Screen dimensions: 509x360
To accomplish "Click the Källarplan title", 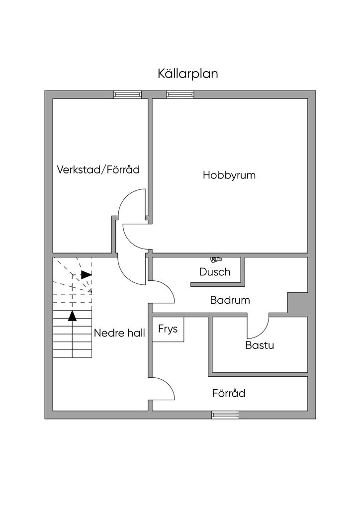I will [188, 74].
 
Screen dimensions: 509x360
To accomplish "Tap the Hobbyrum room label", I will [229, 175].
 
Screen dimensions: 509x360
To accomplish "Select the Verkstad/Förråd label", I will [98, 170].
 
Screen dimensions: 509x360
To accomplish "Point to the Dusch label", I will [215, 272].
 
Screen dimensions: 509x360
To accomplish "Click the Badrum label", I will [230, 300].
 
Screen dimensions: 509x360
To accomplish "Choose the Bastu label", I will [260, 345].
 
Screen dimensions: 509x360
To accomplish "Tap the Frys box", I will [168, 329].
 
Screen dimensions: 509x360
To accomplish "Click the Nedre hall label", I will [119, 333].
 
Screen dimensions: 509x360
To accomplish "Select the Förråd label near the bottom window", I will [229, 394].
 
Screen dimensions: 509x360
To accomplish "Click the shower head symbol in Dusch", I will [216, 259].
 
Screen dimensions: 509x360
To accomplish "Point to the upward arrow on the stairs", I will [73, 315].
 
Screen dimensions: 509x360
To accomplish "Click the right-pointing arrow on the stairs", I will [87, 274].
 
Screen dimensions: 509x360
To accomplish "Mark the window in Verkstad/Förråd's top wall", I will [128, 94].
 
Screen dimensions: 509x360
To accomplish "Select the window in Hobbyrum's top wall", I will [180, 94].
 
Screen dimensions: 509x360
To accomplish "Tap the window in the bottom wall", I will [225, 415].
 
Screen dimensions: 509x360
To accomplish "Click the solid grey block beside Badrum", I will [298, 303].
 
